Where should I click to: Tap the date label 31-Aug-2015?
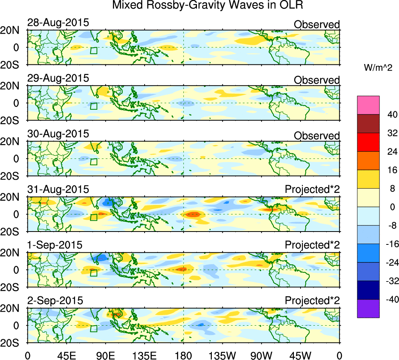point(58,190)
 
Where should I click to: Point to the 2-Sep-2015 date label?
point(55,301)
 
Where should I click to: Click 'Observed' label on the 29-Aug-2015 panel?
point(317,80)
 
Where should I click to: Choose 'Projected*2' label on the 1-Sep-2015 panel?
point(312,245)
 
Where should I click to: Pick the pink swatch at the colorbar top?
point(368,105)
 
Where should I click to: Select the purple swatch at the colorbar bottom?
point(368,308)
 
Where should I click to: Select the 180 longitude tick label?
point(184,356)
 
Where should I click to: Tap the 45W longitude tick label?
point(301,356)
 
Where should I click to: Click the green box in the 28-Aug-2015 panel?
point(94,50)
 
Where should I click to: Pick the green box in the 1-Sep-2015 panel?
point(94,273)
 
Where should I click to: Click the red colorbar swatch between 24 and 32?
point(368,142)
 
